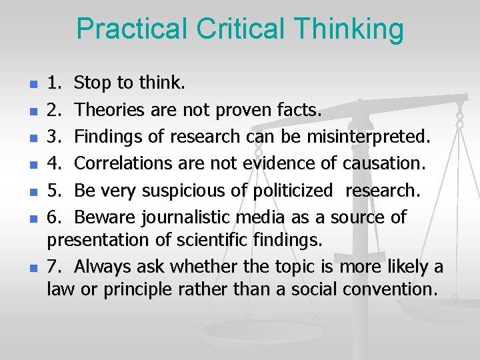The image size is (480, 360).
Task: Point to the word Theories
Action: click(x=110, y=110)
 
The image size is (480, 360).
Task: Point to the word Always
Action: click(x=103, y=267)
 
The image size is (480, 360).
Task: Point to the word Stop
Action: click(x=94, y=83)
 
